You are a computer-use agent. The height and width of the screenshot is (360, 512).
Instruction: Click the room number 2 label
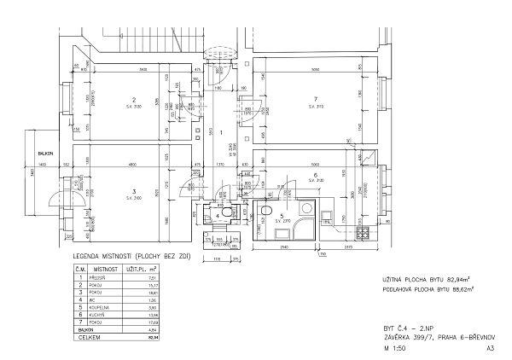pos(134,99)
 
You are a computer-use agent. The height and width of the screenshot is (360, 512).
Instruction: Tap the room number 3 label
pos(134,191)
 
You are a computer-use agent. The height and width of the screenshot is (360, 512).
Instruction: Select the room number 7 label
pos(315,99)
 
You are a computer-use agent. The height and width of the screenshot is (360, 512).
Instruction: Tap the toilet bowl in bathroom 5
pos(266,212)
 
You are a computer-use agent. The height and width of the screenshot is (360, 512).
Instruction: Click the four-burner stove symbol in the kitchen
pos(362,231)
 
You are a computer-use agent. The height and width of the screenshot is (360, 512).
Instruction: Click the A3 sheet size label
pos(490,349)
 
